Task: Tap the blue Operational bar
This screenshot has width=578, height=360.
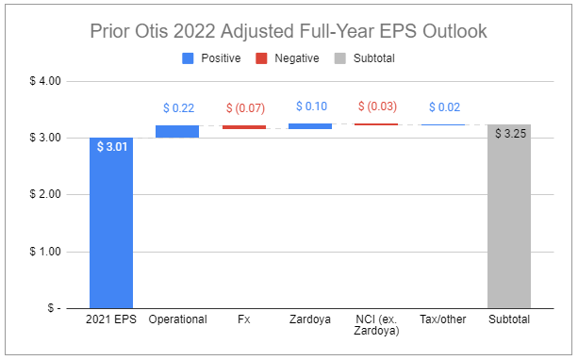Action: coord(177,131)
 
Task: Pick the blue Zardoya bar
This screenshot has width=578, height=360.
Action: coord(310,125)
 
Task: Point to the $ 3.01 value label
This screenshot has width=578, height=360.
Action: coord(111,146)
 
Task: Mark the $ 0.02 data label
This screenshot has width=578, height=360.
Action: coord(443,109)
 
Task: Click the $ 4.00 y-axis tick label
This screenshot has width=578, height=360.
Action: coord(41,81)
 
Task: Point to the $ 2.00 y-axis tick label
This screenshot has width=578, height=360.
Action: coord(41,194)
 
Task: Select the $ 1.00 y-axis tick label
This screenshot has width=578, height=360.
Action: coord(41,252)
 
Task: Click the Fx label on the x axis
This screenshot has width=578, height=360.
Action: coord(244,319)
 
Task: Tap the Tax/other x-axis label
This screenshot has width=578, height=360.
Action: coord(443,319)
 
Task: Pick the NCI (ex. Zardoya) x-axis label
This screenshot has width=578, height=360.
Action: coord(377,325)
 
